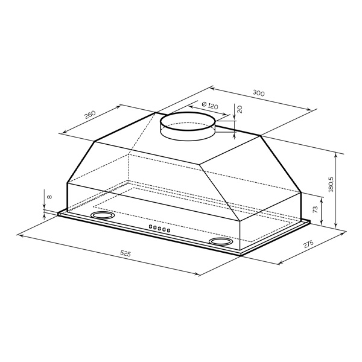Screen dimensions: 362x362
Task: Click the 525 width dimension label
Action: (125, 253)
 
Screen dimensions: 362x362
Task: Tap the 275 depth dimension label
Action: (309, 244)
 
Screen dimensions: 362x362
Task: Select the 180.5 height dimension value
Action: (331, 185)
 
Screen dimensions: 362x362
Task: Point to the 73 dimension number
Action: (316, 209)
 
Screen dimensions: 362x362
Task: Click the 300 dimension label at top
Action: (258, 93)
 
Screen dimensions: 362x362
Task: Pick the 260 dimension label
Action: (90, 115)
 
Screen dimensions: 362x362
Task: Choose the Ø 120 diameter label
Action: (209, 106)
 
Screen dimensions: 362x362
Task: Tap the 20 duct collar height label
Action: (240, 109)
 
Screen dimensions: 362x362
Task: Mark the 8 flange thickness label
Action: (49, 197)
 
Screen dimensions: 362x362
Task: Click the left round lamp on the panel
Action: (103, 215)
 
